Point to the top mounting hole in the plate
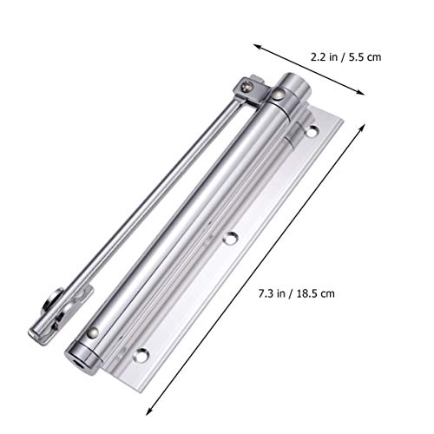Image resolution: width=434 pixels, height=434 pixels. tap(312, 132)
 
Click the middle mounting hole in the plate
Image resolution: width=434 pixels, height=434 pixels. tap(230, 236)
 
